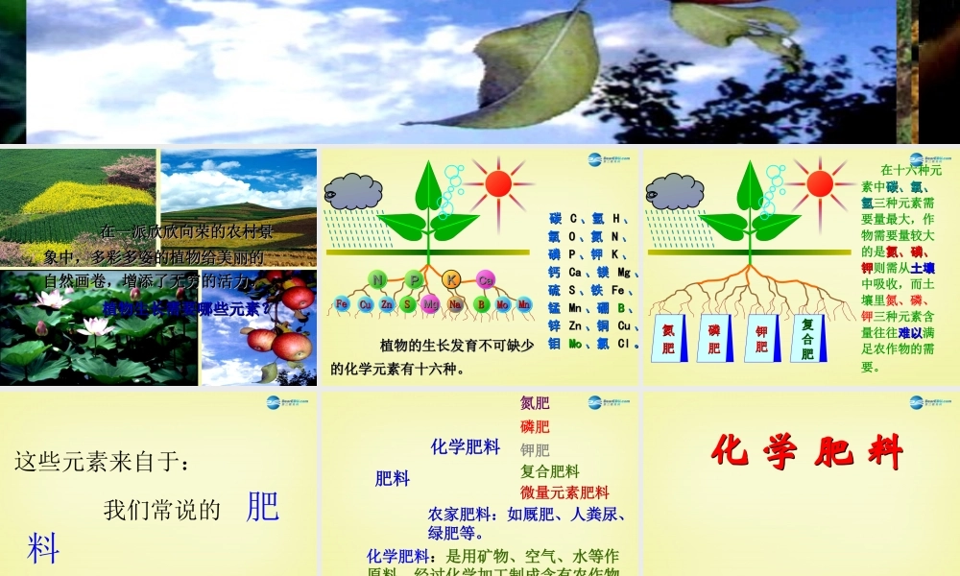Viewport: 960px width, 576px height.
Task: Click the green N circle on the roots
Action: tap(378, 279)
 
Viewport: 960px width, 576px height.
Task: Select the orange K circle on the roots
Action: tap(453, 279)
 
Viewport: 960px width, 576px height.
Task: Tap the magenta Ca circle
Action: tap(485, 280)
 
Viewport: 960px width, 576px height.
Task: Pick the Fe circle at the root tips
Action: tap(343, 304)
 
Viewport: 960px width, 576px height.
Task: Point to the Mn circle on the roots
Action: tap(524, 304)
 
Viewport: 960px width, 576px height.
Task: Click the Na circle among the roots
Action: tap(456, 304)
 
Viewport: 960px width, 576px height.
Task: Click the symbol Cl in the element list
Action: tap(622, 343)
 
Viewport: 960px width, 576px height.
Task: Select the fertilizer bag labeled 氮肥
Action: tap(668, 339)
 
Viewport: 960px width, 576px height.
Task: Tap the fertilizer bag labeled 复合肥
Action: tap(807, 339)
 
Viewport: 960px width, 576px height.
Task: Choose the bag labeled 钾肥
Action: tap(761, 339)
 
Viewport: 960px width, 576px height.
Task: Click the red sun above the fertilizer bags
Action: tap(819, 182)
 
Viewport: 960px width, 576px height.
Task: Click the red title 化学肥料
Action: tap(807, 451)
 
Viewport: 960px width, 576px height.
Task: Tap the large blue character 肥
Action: tap(262, 506)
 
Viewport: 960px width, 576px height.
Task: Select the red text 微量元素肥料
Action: tap(564, 492)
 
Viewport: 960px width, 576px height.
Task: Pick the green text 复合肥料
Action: tap(550, 470)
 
